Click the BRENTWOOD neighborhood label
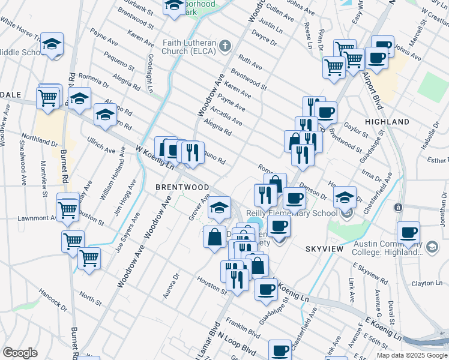coord(182,187)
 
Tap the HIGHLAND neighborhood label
coord(387,122)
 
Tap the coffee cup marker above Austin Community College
coord(408,233)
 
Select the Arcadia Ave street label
coord(227,114)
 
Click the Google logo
coord(20,352)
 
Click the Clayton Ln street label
coord(427,283)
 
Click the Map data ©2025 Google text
coord(412,355)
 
